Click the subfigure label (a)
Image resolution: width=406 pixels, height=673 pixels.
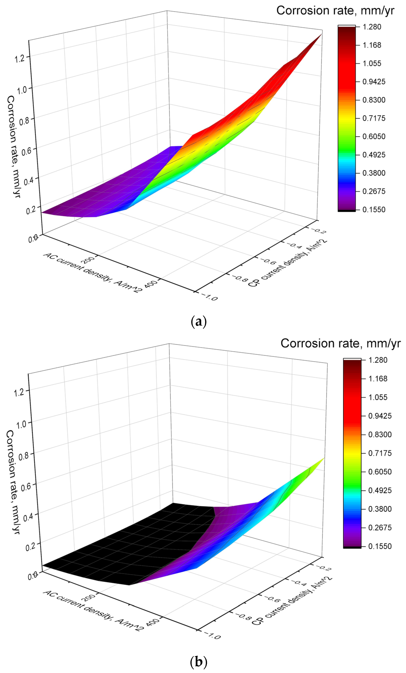coord(198,322)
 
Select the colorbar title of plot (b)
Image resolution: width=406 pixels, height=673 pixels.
coord(340,343)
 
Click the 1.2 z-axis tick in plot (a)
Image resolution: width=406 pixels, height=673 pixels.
coord(20,58)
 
